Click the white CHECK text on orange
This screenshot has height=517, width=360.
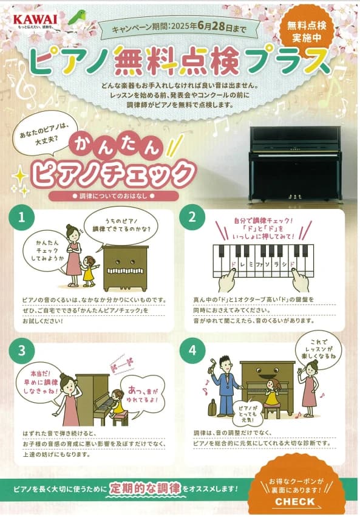(295, 502)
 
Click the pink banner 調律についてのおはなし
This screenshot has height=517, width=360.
(114, 196)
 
